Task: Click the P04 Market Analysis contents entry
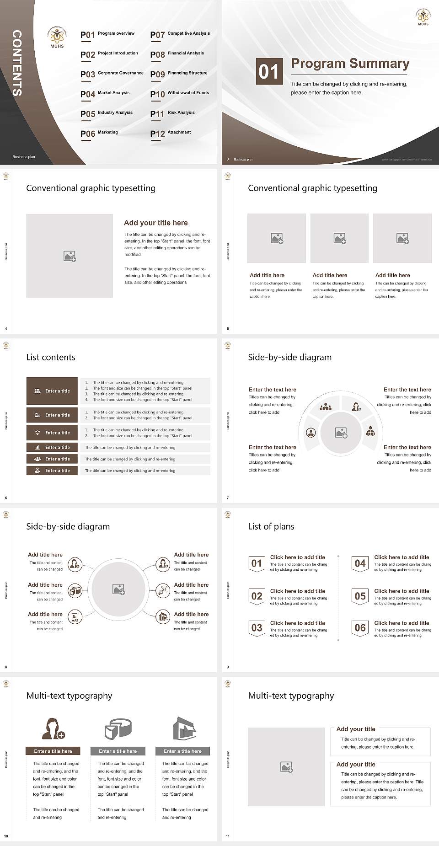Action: (105, 94)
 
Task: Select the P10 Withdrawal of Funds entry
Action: (179, 94)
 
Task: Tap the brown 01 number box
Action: (268, 71)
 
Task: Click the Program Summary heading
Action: (350, 64)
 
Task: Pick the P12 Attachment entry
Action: (171, 133)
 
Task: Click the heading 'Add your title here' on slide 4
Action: (155, 223)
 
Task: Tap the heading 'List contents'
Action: (51, 357)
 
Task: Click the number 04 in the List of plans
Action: (360, 563)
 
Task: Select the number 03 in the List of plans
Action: (257, 628)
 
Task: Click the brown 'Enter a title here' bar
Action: (53, 751)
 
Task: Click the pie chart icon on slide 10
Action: (118, 728)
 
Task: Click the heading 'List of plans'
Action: (271, 526)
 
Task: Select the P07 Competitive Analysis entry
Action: (180, 34)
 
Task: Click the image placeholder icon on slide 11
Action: (287, 767)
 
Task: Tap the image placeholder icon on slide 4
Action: (70, 256)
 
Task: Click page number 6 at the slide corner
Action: (6, 498)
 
